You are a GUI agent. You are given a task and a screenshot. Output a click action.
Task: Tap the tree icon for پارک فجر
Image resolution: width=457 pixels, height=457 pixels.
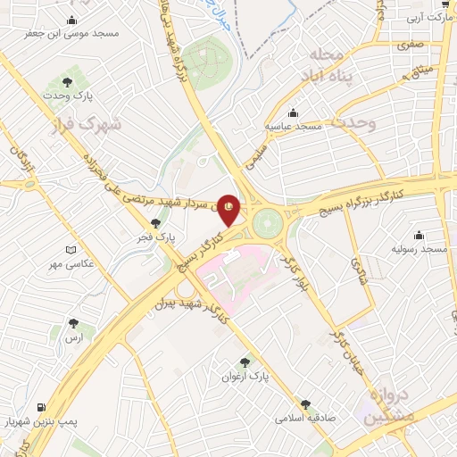[156, 224]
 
